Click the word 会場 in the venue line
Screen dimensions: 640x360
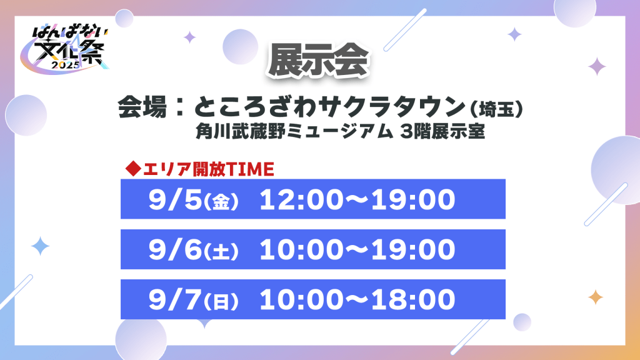tap(142, 107)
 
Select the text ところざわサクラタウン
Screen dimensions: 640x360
tap(330, 107)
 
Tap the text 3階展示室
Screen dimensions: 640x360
tap(442, 131)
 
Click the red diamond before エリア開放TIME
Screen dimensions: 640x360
tap(133, 169)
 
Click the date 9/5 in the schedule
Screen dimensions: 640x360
tap(176, 199)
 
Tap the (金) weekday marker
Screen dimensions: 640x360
tap(221, 202)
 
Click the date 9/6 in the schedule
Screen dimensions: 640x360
tap(176, 249)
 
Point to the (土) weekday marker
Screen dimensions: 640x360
tap(221, 251)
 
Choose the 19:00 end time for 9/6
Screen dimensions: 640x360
tap(413, 249)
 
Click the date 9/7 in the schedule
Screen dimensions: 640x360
tap(176, 299)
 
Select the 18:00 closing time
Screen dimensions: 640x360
tap(413, 299)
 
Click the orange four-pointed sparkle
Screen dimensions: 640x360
tap(596, 297)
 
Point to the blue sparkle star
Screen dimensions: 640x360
tap(41, 246)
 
